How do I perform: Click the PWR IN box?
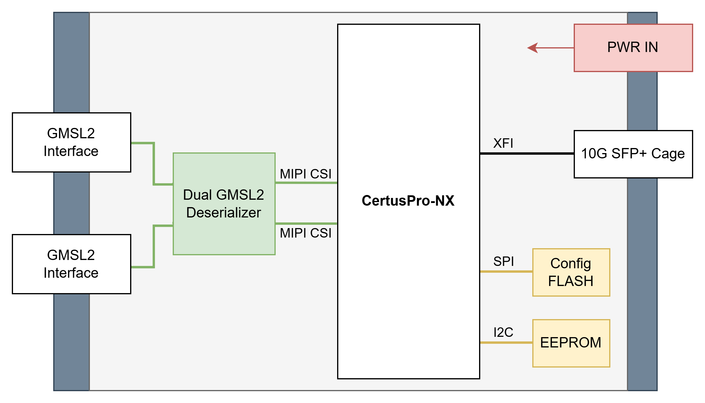pyautogui.click(x=633, y=48)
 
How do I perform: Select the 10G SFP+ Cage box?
pyautogui.click(x=633, y=154)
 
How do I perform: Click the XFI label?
pyautogui.click(x=503, y=143)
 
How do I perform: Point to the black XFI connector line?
pyautogui.click(x=527, y=154)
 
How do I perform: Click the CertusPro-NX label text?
pyautogui.click(x=408, y=201)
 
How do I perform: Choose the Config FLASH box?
pyautogui.click(x=571, y=272)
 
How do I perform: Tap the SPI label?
pyautogui.click(x=503, y=261)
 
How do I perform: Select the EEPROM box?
pyautogui.click(x=571, y=343)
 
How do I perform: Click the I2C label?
pyautogui.click(x=503, y=332)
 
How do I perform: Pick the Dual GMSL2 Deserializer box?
pyautogui.click(x=224, y=204)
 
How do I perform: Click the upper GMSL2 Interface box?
pyautogui.click(x=72, y=142)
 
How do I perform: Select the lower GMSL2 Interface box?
pyautogui.click(x=72, y=264)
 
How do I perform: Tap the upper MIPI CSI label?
pyautogui.click(x=305, y=174)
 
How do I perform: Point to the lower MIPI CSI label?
pyautogui.click(x=305, y=233)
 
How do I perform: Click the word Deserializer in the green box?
pyautogui.click(x=224, y=213)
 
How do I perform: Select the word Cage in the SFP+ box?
pyautogui.click(x=668, y=154)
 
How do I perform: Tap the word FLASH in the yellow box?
pyautogui.click(x=571, y=281)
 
